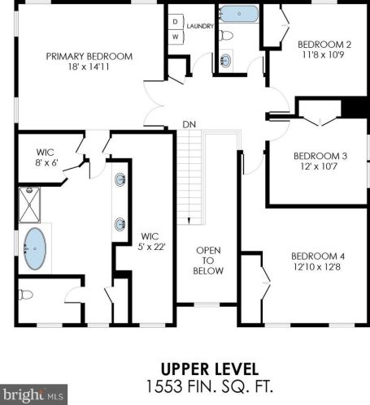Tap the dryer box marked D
click(x=176, y=22)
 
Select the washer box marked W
click(x=176, y=37)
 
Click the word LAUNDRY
click(x=200, y=26)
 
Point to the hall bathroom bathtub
click(x=239, y=14)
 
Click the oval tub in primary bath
click(x=35, y=248)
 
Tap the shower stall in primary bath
click(x=29, y=205)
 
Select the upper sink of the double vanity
click(x=120, y=179)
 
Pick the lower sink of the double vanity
click(x=120, y=224)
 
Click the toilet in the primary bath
click(x=26, y=295)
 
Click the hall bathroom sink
click(x=226, y=60)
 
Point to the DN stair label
click(x=189, y=124)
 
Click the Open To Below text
click(x=208, y=261)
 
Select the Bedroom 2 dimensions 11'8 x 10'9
click(x=323, y=55)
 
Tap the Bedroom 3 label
click(x=320, y=156)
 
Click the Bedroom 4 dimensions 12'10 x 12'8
click(x=317, y=267)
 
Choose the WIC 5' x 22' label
click(x=150, y=241)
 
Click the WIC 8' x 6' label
click(x=46, y=157)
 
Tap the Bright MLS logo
click(x=33, y=394)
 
